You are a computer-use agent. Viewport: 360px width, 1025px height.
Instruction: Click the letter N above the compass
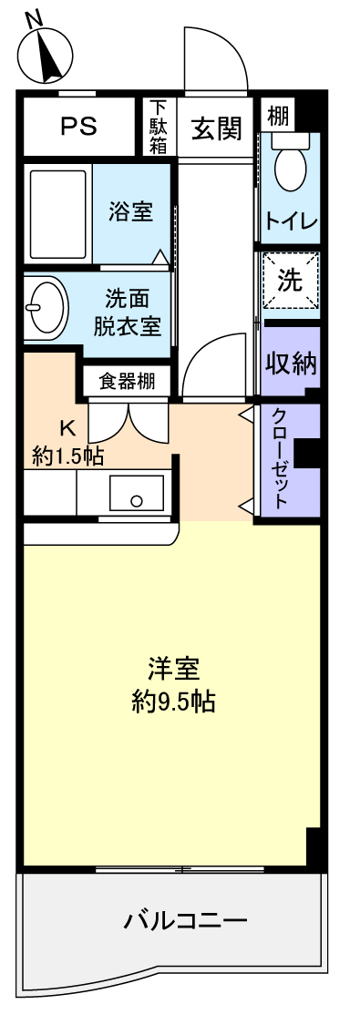35,21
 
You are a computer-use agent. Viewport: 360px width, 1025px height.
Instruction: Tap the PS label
79,126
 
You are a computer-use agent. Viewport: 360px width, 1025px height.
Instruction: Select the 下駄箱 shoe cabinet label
159,127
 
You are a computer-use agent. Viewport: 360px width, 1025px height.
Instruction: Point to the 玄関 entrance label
216,128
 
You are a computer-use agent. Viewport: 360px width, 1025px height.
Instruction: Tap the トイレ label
291,220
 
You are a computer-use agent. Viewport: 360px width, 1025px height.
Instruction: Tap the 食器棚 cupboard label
128,381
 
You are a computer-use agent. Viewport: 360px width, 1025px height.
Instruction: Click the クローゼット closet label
278,458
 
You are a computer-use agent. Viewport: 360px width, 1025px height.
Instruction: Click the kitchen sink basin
136,493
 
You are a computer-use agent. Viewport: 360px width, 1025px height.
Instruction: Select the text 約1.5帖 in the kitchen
68,457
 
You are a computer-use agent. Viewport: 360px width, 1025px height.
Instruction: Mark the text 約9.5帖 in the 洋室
173,702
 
